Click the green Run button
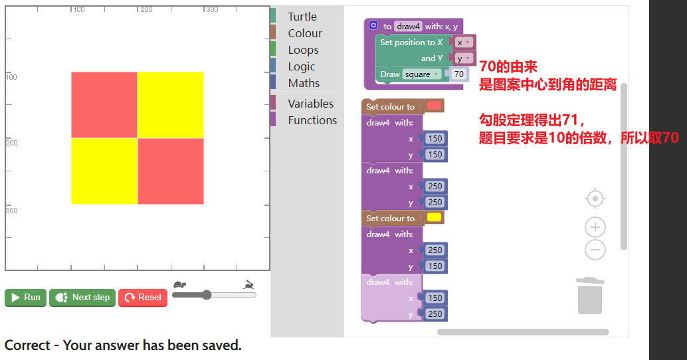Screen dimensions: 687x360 tap(26, 298)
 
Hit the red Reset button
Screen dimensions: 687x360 tap(143, 298)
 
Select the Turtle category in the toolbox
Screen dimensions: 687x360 tap(302, 17)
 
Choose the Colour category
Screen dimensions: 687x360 tap(305, 33)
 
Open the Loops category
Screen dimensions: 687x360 tap(303, 50)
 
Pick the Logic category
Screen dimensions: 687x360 tap(302, 66)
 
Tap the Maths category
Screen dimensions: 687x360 tap(304, 83)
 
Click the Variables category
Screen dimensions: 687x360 tap(311, 104)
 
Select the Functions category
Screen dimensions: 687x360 tap(312, 120)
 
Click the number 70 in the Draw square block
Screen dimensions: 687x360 tap(458, 74)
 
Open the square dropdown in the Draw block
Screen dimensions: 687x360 tap(421, 74)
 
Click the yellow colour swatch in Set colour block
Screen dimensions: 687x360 tap(434, 218)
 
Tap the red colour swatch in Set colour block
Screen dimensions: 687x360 tap(434, 106)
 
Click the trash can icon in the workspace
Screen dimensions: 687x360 tap(590, 296)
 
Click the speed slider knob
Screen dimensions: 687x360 tap(207, 295)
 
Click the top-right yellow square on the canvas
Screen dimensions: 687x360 tap(171, 105)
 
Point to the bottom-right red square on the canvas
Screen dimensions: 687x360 tap(171, 171)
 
